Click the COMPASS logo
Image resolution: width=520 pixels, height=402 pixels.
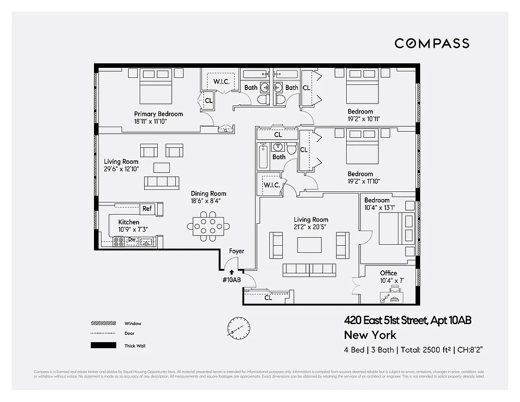click(432, 43)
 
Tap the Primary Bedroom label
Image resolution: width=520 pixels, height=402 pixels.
click(158, 114)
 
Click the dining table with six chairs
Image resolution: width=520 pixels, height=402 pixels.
click(209, 226)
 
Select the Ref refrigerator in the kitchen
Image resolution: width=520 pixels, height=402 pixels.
click(147, 209)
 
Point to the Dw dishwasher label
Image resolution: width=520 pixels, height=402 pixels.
click(132, 240)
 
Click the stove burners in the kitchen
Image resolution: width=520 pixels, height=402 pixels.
click(119, 242)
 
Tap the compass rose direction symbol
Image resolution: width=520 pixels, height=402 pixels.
click(238, 328)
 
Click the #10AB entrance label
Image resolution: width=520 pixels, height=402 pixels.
click(232, 280)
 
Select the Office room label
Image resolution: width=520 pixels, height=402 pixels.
click(388, 273)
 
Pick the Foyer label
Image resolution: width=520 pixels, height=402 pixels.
click(237, 251)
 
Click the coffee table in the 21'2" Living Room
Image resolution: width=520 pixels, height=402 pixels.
click(309, 245)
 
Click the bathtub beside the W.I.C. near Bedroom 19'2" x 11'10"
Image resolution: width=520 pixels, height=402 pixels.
click(263, 157)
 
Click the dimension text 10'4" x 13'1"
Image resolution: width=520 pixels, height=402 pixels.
click(380, 208)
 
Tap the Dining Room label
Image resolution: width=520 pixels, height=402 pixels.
click(209, 193)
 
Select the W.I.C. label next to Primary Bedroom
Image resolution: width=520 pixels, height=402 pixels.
click(222, 81)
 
